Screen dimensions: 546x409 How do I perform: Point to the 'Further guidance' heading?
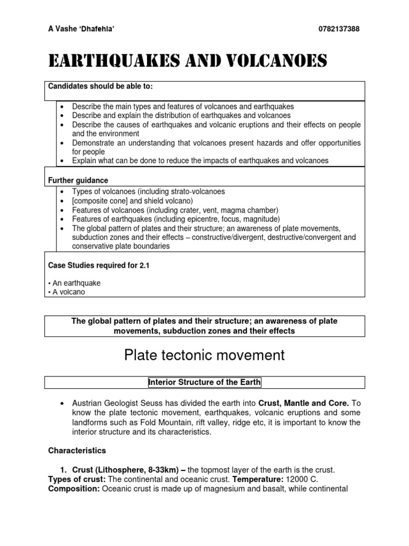click(79, 181)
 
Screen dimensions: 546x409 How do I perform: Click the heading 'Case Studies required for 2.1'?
click(99, 265)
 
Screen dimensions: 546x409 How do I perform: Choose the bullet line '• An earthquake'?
click(74, 283)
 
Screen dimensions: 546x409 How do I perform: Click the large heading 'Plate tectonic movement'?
click(204, 355)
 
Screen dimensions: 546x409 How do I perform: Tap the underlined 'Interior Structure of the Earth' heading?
click(204, 382)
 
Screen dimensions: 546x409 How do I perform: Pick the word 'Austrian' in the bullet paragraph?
click(87, 404)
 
